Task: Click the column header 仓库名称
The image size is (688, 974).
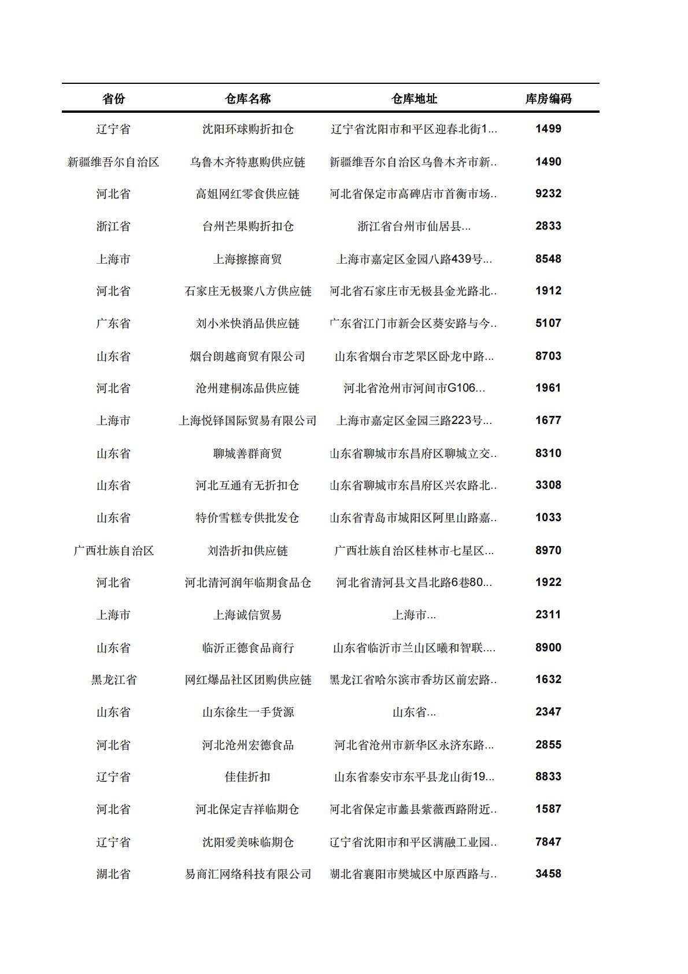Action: click(x=247, y=99)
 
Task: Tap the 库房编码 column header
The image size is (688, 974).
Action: click(x=548, y=99)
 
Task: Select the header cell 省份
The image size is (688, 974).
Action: click(x=113, y=99)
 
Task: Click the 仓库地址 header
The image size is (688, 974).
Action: click(x=414, y=99)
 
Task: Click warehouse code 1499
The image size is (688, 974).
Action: click(x=548, y=129)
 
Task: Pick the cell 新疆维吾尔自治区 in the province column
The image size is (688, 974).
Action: click(x=113, y=162)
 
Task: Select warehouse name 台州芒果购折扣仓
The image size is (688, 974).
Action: click(x=247, y=226)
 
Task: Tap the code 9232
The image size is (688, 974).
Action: click(x=548, y=194)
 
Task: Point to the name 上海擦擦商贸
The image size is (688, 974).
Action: click(x=247, y=259)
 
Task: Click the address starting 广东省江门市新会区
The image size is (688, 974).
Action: click(x=414, y=323)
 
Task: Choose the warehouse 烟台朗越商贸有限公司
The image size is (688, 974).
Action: click(x=247, y=356)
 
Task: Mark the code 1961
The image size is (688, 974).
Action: click(x=548, y=388)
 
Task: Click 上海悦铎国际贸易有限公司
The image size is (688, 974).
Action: click(x=247, y=420)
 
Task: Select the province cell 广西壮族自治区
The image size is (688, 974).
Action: click(x=113, y=551)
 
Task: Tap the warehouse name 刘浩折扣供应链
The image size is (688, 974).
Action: click(x=247, y=551)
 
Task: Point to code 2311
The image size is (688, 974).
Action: click(x=548, y=615)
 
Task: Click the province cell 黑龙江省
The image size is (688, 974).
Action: click(x=113, y=680)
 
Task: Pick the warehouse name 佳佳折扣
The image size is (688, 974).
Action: click(x=247, y=777)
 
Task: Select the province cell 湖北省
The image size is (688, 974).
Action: click(x=113, y=874)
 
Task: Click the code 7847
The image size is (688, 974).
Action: click(x=548, y=842)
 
